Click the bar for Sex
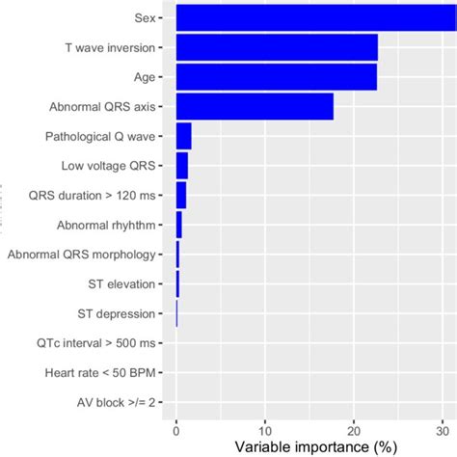coord(309,18)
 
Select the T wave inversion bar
coord(277,47)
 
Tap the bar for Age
coord(277,77)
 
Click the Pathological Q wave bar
coord(184,137)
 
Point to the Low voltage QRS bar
coord(182,166)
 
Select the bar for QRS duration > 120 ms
coord(181,196)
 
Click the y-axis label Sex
coord(148,18)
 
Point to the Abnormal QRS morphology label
coord(81,255)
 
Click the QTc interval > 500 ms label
coord(102,343)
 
